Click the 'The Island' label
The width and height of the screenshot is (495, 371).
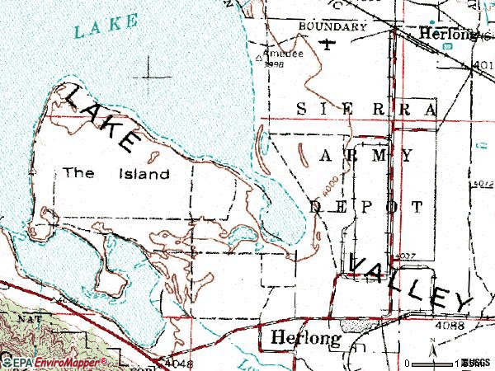(116, 174)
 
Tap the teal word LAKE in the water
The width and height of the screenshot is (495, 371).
(104, 26)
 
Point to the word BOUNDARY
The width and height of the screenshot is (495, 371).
(333, 26)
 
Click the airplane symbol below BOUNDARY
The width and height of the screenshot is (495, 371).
(330, 43)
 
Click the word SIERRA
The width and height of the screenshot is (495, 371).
(365, 109)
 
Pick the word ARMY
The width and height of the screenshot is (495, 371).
(365, 154)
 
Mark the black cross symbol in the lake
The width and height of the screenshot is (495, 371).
(153, 77)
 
